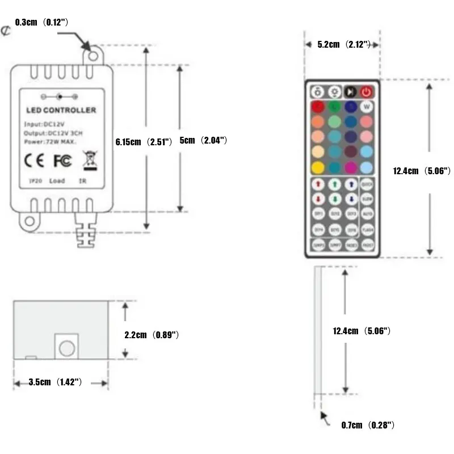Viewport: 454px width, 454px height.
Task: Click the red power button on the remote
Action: click(367, 91)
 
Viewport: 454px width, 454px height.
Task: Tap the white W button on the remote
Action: click(367, 107)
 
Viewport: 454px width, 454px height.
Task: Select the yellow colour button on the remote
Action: click(318, 167)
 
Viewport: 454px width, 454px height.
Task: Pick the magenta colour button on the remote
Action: click(351, 167)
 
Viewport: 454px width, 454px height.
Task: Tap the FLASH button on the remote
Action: click(367, 230)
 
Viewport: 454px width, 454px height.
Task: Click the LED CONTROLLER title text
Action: click(61, 110)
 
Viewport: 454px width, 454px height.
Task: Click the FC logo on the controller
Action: click(62, 160)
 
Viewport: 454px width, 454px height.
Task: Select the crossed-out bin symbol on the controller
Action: click(88, 161)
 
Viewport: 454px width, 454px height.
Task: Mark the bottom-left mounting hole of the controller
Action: click(27, 222)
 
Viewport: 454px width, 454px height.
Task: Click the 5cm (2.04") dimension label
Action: click(203, 140)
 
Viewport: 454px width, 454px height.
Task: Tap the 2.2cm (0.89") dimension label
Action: click(152, 335)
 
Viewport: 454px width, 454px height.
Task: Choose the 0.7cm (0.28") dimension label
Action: click(368, 424)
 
